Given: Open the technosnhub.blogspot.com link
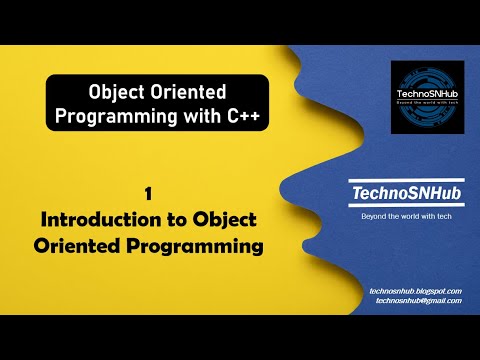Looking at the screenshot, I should coord(413,290).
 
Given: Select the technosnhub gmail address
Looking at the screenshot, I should coord(413,300).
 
